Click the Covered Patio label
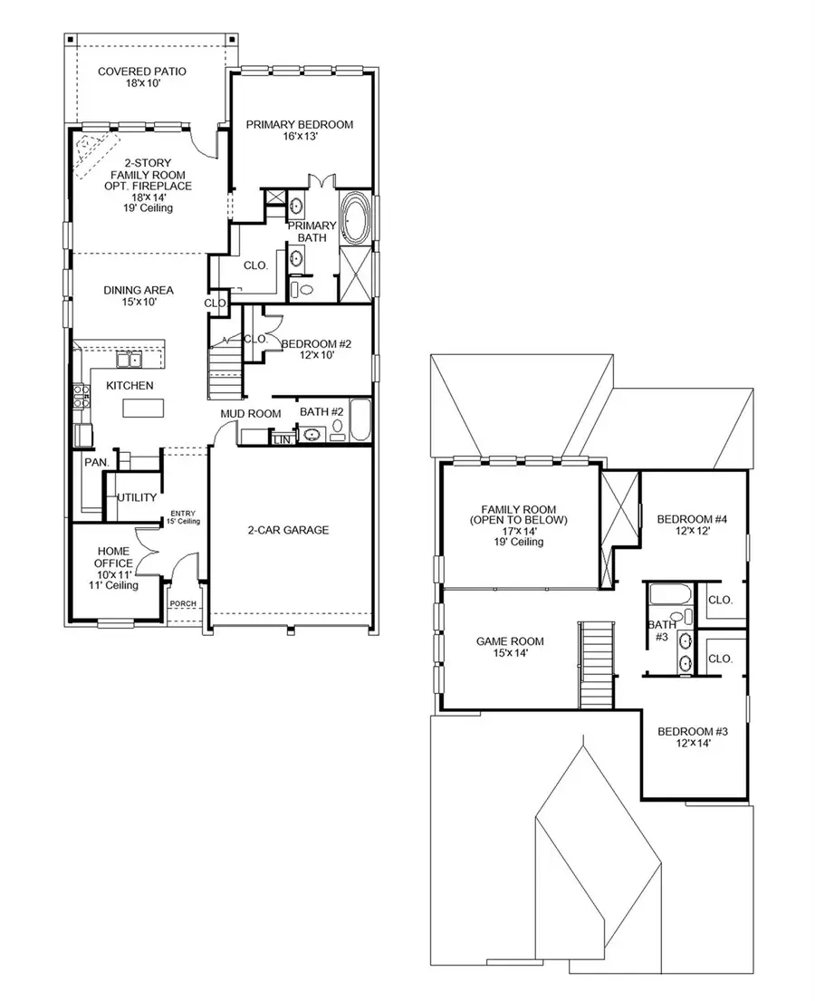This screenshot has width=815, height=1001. [142, 77]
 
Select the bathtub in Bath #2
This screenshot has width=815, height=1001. [360, 419]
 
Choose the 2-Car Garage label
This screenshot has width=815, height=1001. [288, 530]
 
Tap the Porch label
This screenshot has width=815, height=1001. [184, 605]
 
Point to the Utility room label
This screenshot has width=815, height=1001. [137, 497]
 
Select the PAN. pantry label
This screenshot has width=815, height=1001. [97, 462]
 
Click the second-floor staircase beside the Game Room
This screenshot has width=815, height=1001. [597, 664]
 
